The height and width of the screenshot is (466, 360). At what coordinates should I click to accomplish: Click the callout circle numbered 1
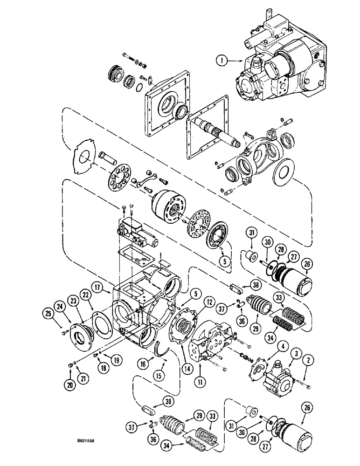221,60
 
